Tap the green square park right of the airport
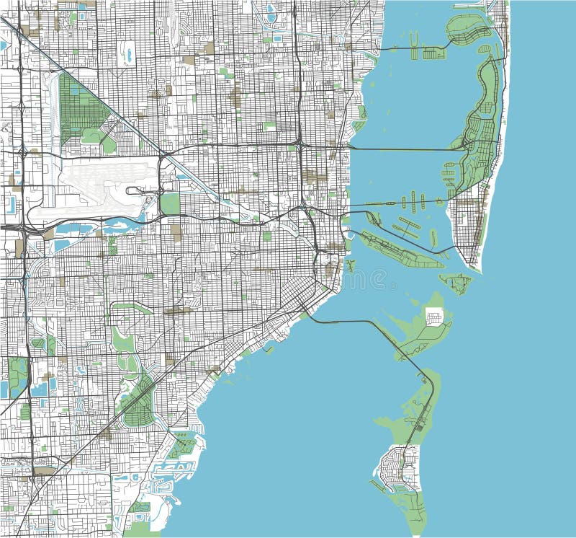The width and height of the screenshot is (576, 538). [x=170, y=203]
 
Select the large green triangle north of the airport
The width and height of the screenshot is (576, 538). [x=79, y=108]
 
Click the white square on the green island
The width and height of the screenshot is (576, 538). [x=435, y=316]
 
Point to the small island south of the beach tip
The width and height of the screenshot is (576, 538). [x=455, y=282]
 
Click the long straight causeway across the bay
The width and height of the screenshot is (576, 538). [x=403, y=149]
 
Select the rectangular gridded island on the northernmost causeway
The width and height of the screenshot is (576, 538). [x=435, y=52]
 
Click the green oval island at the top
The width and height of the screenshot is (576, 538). [x=468, y=29]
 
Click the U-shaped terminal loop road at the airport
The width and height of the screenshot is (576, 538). [x=140, y=191]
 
